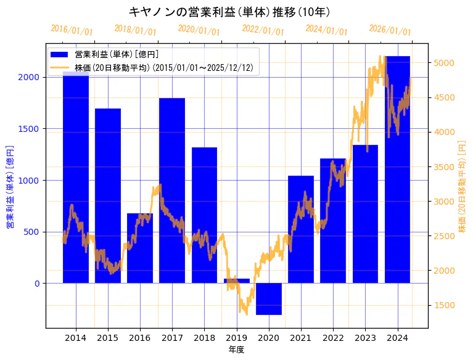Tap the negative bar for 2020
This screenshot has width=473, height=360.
click(269, 299)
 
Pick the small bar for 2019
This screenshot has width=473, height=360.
click(237, 280)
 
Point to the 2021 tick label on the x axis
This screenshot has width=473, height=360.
click(301, 338)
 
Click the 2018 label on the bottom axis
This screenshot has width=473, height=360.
click(204, 338)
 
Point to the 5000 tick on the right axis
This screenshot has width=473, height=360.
click(444, 63)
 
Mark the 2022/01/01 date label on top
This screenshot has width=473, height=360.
click(263, 31)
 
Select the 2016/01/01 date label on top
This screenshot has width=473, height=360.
click(72, 30)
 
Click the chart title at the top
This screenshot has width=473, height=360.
click(230, 12)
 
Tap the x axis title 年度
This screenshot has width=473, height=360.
click(237, 350)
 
